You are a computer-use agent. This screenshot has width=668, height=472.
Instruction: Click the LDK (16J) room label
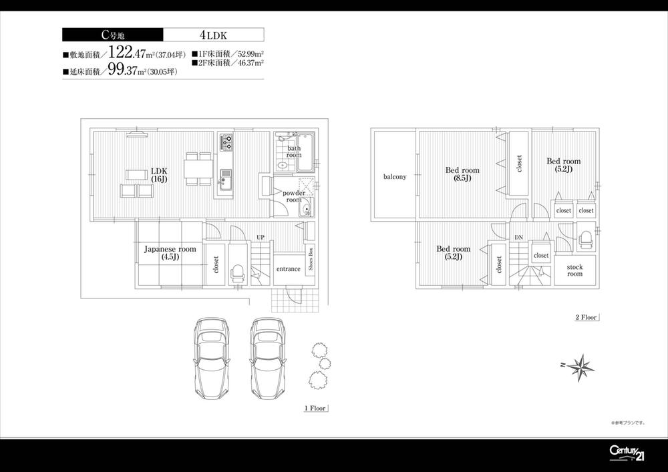click(x=158, y=175)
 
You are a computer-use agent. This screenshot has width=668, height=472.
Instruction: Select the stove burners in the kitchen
click(x=226, y=142)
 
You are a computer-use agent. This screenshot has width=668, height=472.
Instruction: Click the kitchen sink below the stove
click(x=225, y=176)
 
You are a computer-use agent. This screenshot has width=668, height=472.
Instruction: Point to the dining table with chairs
click(x=198, y=168)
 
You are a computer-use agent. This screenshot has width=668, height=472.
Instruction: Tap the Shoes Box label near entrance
click(x=311, y=260)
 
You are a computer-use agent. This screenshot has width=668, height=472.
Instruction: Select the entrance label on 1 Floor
click(x=288, y=269)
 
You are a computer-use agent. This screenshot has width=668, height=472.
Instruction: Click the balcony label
click(x=395, y=177)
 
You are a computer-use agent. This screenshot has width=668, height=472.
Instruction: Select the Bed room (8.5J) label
click(x=462, y=174)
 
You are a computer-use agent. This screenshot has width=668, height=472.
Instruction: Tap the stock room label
click(x=574, y=270)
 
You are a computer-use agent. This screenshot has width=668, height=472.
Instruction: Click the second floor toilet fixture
click(x=585, y=239)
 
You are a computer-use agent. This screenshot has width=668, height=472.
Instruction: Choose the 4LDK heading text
click(x=213, y=35)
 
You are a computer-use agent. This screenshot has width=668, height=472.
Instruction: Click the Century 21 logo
click(x=626, y=452)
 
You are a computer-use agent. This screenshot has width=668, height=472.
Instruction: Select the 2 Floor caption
click(x=585, y=317)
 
